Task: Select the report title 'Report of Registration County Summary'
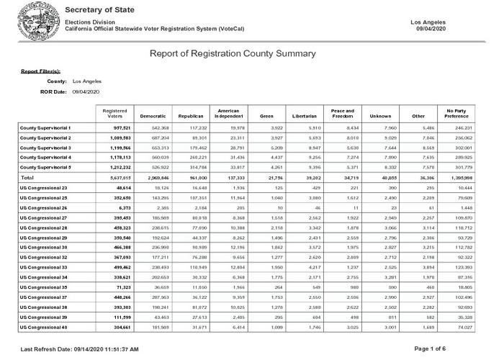[x=232, y=53]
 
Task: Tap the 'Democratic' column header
[x=153, y=116]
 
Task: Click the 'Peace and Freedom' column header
[x=342, y=113]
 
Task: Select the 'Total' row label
[x=27, y=176]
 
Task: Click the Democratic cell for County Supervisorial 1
[x=157, y=127]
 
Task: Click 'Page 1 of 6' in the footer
[x=449, y=348]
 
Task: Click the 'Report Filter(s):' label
[x=40, y=72]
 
